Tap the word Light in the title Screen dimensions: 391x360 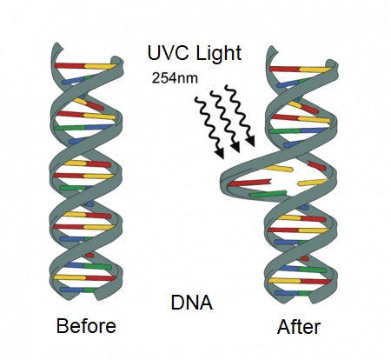(x=219, y=53)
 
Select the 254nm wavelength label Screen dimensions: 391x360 (x=175, y=78)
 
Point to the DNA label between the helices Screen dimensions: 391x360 (x=192, y=303)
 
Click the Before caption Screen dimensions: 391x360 (x=86, y=325)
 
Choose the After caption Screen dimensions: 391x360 (x=299, y=327)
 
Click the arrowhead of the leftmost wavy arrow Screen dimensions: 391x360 (x=220, y=153)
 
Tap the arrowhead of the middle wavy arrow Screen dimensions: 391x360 (x=235, y=147)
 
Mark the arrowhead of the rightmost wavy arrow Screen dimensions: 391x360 (x=250, y=140)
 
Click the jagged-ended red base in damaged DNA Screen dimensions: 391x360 (x=250, y=183)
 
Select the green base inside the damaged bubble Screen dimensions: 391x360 (x=268, y=194)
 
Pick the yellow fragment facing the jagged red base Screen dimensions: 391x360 (x=312, y=182)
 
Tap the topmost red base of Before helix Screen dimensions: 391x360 (x=70, y=65)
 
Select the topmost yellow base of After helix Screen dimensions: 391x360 (x=315, y=70)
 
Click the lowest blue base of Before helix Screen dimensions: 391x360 (x=72, y=290)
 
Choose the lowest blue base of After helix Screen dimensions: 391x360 (x=287, y=293)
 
